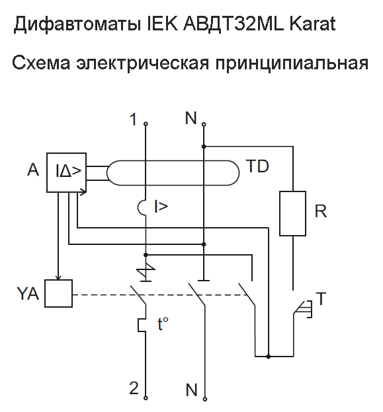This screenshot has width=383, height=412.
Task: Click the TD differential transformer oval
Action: click(173, 160)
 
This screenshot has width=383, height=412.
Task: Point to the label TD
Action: click(257, 166)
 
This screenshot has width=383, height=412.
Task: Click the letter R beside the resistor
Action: click(320, 211)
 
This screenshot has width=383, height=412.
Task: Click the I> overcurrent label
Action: click(161, 206)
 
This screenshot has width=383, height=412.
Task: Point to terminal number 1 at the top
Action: click(134, 120)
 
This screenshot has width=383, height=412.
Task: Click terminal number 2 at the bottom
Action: click(134, 388)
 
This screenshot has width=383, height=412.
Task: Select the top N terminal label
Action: click(191, 118)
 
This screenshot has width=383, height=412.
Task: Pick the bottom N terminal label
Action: click(191, 390)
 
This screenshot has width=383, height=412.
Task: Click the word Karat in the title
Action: click(312, 24)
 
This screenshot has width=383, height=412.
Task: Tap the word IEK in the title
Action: click(162, 24)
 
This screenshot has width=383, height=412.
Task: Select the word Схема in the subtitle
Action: click(41, 63)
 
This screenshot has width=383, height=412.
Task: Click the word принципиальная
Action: click(292, 64)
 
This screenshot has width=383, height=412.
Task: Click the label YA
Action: click(28, 294)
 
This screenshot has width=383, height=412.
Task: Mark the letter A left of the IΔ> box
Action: click(33, 170)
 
